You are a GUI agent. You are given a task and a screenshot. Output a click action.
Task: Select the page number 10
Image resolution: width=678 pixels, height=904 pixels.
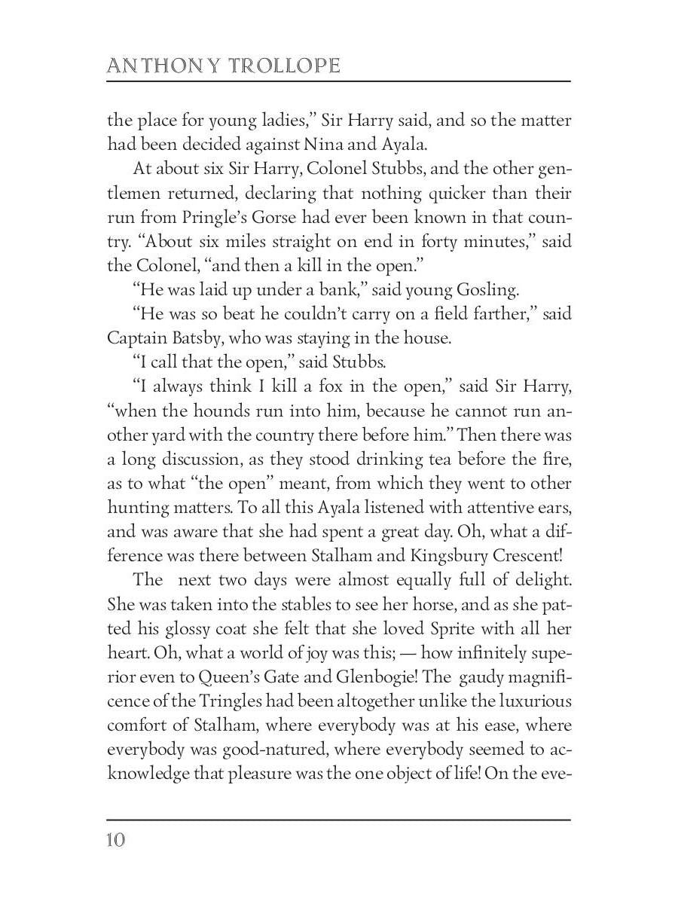[x=115, y=839]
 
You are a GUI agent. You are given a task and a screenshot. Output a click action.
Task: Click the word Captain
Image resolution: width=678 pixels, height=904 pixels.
[x=136, y=338]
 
